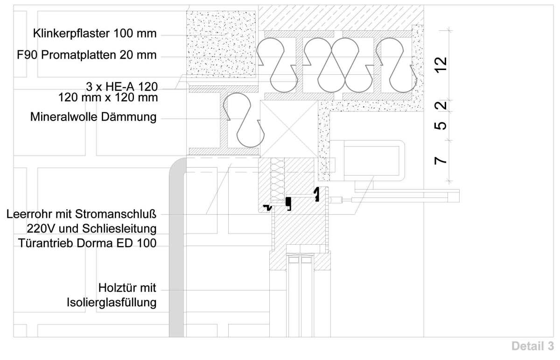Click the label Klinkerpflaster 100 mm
pos(95,34)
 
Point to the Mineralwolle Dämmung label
pos(93,117)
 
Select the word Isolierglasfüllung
pos(112,302)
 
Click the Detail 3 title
pos(533,346)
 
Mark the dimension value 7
pos(440,161)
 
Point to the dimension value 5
pos(440,126)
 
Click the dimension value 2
pos(440,106)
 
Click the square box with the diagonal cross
pos(288,128)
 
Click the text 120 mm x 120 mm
pos(107,98)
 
